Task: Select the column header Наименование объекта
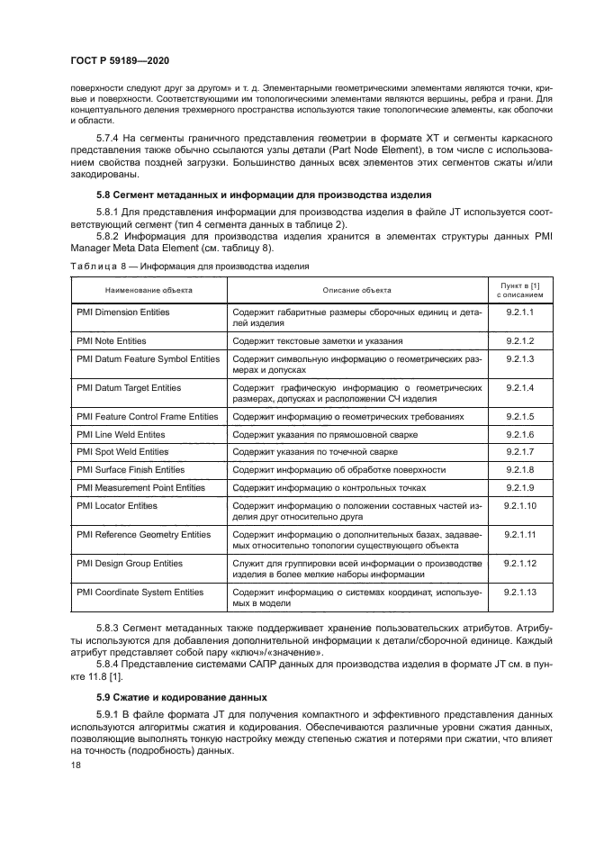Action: (x=149, y=291)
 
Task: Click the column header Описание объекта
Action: (x=356, y=290)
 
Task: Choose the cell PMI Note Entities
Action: (x=112, y=341)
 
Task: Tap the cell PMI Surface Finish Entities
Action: (x=131, y=469)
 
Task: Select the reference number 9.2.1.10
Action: (x=519, y=505)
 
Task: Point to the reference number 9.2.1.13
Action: (x=519, y=592)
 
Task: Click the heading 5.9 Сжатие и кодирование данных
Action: (x=170, y=697)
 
